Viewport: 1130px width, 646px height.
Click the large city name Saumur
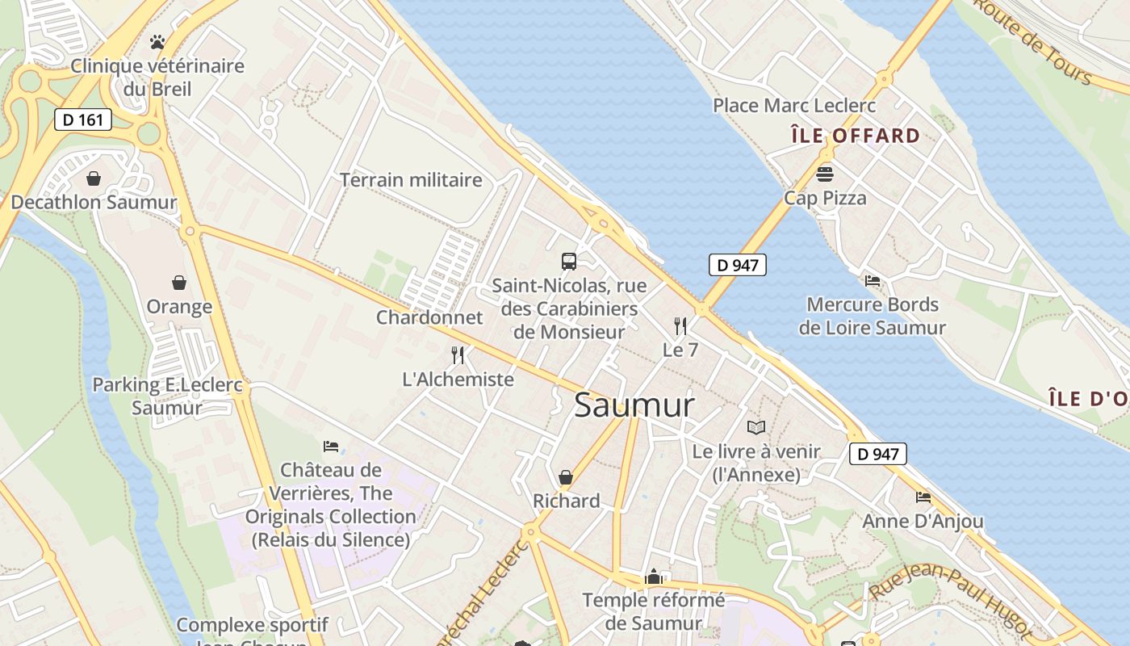tap(634, 405)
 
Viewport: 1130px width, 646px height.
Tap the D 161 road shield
tap(83, 120)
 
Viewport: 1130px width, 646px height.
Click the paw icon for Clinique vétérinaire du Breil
tap(157, 41)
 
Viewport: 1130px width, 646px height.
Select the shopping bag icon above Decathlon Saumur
tap(94, 178)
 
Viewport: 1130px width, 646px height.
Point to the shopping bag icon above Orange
tap(179, 283)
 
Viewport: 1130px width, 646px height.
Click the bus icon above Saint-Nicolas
tap(569, 261)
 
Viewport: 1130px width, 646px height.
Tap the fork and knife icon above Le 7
tap(680, 326)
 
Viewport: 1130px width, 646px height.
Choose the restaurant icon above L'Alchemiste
tap(458, 354)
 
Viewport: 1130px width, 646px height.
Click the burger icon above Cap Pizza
tap(825, 174)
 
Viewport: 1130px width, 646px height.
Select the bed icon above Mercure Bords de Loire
tap(873, 281)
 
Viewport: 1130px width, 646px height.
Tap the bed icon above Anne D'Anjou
tap(923, 497)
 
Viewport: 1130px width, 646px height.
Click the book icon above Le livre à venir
tap(756, 427)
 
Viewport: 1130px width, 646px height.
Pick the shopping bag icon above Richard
tap(566, 477)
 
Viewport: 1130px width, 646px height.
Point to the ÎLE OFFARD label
tap(856, 136)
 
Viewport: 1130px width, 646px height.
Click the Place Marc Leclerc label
tap(794, 106)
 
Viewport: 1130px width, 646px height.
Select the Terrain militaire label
tap(411, 180)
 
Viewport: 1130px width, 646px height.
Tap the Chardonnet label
tap(429, 317)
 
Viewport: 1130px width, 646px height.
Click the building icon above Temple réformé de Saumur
tap(654, 577)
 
